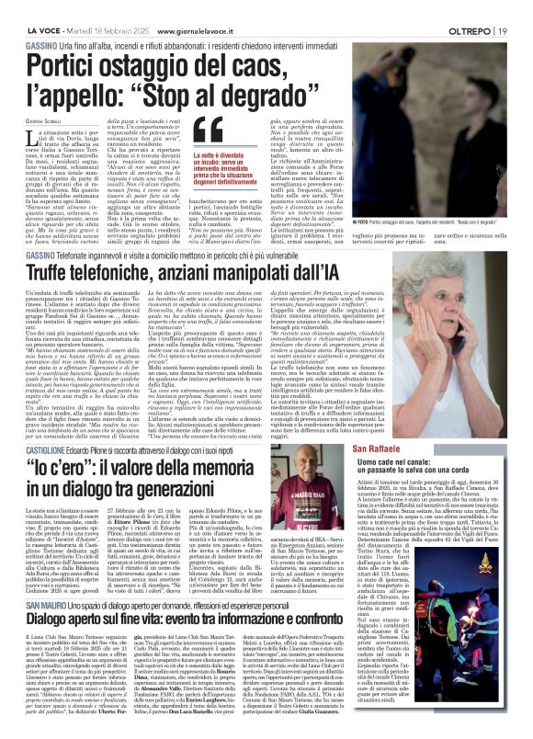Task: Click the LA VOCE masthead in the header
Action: [29, 8]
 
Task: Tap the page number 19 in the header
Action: [519, 8]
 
